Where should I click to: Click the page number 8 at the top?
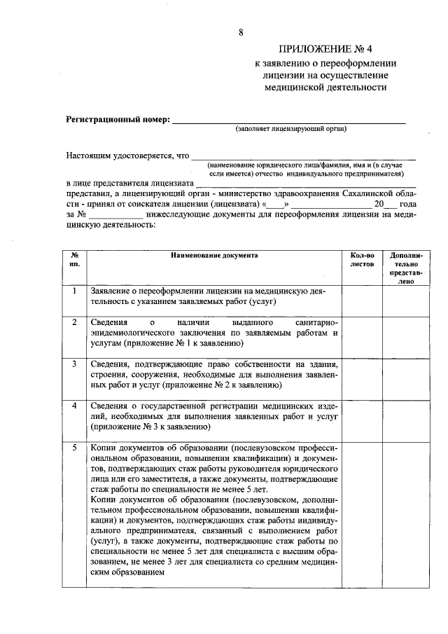coord(241,32)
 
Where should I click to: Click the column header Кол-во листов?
coord(361,261)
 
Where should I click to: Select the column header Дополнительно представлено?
coord(402,268)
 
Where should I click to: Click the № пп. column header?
coord(75,261)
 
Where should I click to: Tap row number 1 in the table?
coord(75,290)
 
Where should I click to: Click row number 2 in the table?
coord(75,322)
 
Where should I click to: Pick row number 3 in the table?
coord(75,364)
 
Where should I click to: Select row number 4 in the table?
coord(75,405)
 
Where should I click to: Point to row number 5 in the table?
coord(75,447)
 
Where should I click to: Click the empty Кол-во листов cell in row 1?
coord(361,298)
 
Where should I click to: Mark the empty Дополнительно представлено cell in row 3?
coord(402,376)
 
